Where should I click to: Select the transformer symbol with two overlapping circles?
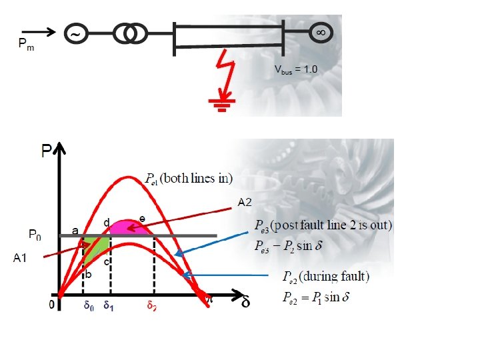point(129,33)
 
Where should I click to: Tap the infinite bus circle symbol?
point(321,32)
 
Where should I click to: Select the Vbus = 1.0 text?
point(297,69)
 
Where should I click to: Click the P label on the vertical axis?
point(47,153)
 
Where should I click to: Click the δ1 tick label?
point(109,307)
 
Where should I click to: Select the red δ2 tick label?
point(153,307)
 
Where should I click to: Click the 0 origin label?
point(52,306)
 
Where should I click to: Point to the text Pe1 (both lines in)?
point(189,179)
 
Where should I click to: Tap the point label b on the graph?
point(88,274)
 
